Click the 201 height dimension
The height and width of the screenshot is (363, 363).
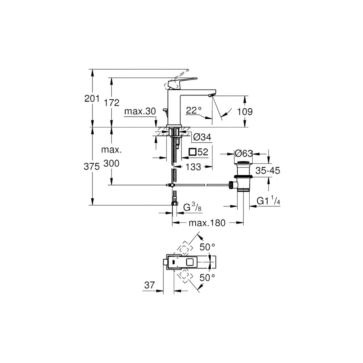(x=92, y=99)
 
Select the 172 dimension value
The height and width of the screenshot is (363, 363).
(x=111, y=103)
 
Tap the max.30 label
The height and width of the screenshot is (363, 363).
(x=140, y=111)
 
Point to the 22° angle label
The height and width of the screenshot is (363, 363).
(x=194, y=110)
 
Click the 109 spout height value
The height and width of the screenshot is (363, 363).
(x=245, y=112)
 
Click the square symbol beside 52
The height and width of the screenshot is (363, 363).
(x=193, y=152)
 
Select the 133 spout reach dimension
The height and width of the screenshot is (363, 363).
(x=193, y=167)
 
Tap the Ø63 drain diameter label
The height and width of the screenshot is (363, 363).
(x=244, y=153)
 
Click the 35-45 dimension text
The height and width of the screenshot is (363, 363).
(x=268, y=171)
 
